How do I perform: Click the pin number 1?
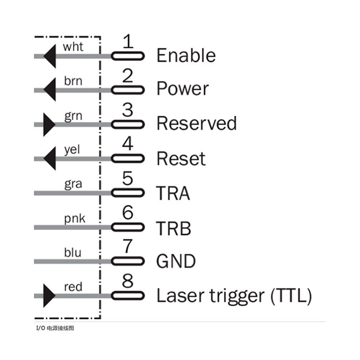click(x=127, y=42)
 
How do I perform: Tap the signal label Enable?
click(x=186, y=56)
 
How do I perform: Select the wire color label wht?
click(x=73, y=47)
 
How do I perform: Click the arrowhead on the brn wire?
click(x=49, y=90)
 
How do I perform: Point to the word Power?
click(x=182, y=89)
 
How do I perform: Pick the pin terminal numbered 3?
click(x=128, y=124)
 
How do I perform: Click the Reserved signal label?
click(x=196, y=124)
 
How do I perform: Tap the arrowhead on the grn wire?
click(x=49, y=125)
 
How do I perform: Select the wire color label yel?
click(x=72, y=150)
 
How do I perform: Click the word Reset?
click(x=181, y=158)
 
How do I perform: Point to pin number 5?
click(x=127, y=179)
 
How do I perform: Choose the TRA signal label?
click(x=173, y=193)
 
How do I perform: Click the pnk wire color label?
click(x=74, y=219)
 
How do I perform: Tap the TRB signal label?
click(x=173, y=228)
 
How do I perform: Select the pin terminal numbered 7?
click(x=128, y=262)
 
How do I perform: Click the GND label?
click(x=176, y=262)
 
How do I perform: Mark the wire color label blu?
click(x=72, y=252)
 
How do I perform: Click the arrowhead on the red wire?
click(x=49, y=296)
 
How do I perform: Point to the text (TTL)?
click(x=291, y=296)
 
